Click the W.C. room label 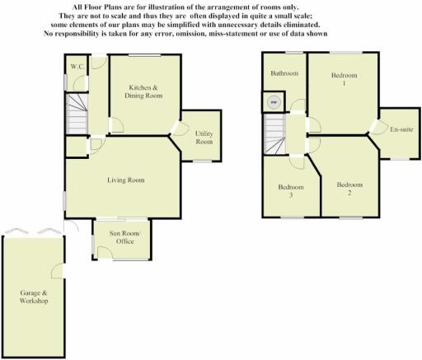77,67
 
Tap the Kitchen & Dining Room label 143,91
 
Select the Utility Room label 204,138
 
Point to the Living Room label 125,180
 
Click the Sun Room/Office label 124,237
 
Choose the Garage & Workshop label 34,297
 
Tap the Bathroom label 284,73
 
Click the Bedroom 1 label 344,79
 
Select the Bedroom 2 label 349,189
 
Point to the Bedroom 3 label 291,191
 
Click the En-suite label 401,129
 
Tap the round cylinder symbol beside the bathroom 274,102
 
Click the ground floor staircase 77,114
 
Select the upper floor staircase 274,134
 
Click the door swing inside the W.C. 80,83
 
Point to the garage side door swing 56,271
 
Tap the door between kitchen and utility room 179,129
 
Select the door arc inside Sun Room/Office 105,252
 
